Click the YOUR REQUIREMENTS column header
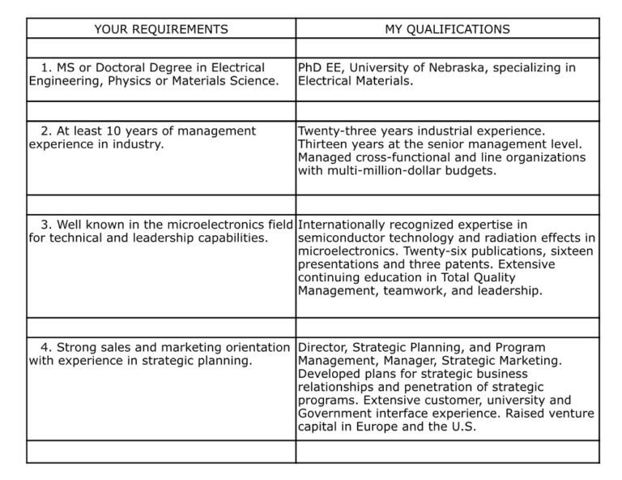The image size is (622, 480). pyautogui.click(x=161, y=29)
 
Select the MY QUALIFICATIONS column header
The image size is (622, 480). pyautogui.click(x=447, y=29)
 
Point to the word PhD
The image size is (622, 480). pyautogui.click(x=311, y=68)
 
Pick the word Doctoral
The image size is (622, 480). pyautogui.click(x=113, y=68)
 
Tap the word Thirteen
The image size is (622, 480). pyautogui.click(x=326, y=144)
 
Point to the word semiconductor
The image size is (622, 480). pyautogui.click(x=341, y=238)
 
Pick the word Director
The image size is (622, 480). pyautogui.click(x=322, y=347)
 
